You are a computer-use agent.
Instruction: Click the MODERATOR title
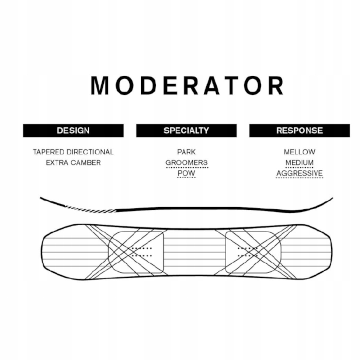click(187, 85)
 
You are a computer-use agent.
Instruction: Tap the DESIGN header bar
click(73, 130)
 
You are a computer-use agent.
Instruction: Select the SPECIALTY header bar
click(186, 130)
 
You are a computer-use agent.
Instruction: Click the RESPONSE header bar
click(299, 130)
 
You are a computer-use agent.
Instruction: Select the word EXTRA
click(56, 163)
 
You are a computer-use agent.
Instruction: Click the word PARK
click(186, 152)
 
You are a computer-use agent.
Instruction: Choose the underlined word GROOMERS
click(186, 163)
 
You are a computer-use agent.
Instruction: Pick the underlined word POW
click(186, 173)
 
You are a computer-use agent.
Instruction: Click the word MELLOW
click(299, 152)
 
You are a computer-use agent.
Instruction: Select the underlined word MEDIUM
click(299, 163)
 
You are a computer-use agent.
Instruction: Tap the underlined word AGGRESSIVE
click(299, 173)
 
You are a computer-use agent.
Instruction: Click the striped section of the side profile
click(90, 209)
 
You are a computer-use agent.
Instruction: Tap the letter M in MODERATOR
click(100, 85)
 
